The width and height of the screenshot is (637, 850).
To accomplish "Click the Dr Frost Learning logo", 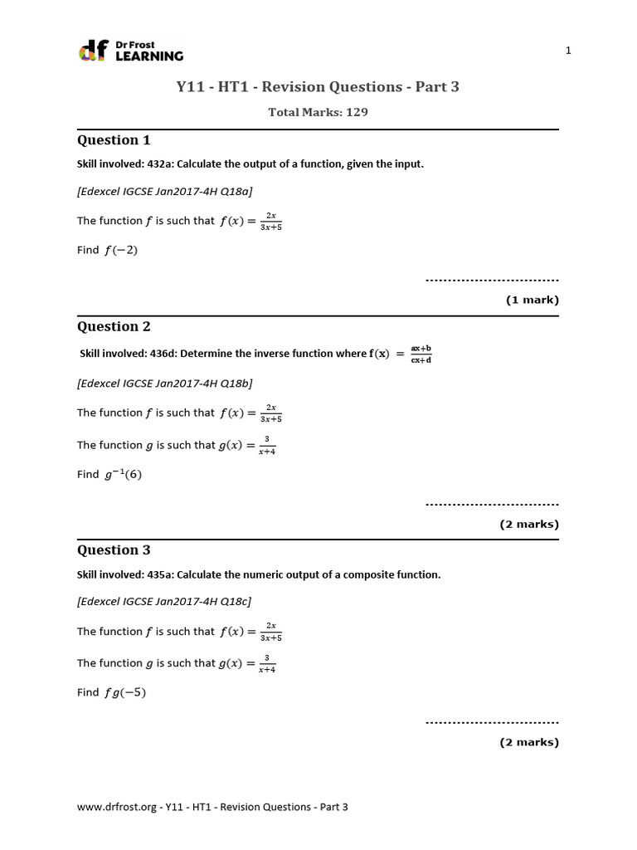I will (x=130, y=51).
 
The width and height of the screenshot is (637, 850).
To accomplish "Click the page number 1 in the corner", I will (x=568, y=51).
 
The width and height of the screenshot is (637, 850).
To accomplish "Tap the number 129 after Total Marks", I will (x=357, y=112).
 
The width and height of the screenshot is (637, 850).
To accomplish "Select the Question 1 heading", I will (x=114, y=139).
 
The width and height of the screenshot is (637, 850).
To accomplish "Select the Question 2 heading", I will (x=114, y=326).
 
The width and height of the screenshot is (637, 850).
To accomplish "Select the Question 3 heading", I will (x=114, y=550).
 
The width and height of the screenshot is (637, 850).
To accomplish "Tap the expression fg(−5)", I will (x=125, y=692).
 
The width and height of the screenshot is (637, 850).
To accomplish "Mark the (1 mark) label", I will (x=532, y=300).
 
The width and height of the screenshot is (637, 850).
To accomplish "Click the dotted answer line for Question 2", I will (x=492, y=504).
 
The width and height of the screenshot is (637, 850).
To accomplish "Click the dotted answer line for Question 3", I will (x=492, y=722).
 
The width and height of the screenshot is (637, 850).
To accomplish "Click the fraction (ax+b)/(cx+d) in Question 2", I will (x=421, y=354).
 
